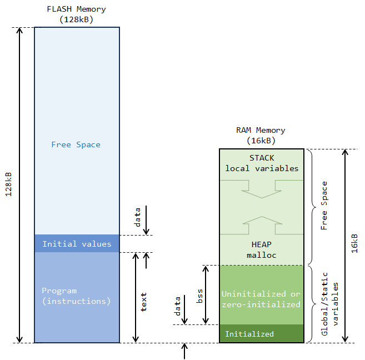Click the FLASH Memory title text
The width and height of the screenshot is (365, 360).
(76, 9)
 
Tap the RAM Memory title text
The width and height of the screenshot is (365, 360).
(261, 130)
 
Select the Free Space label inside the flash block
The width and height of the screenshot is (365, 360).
(76, 144)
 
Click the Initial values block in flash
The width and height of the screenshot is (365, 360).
(77, 244)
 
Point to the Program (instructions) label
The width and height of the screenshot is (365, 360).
(76, 296)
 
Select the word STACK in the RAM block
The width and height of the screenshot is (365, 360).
(262, 158)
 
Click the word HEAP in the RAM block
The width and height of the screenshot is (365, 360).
(261, 244)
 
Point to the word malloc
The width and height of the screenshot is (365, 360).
(261, 255)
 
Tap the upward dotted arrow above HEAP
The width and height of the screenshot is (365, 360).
(261, 224)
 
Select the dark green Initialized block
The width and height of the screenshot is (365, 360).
(261, 334)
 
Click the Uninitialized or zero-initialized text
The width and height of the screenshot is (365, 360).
(261, 299)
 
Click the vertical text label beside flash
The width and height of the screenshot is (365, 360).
(143, 301)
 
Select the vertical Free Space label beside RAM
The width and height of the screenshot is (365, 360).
(324, 205)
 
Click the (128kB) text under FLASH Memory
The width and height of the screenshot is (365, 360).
(76, 19)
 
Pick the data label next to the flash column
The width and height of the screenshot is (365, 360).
(138, 217)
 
